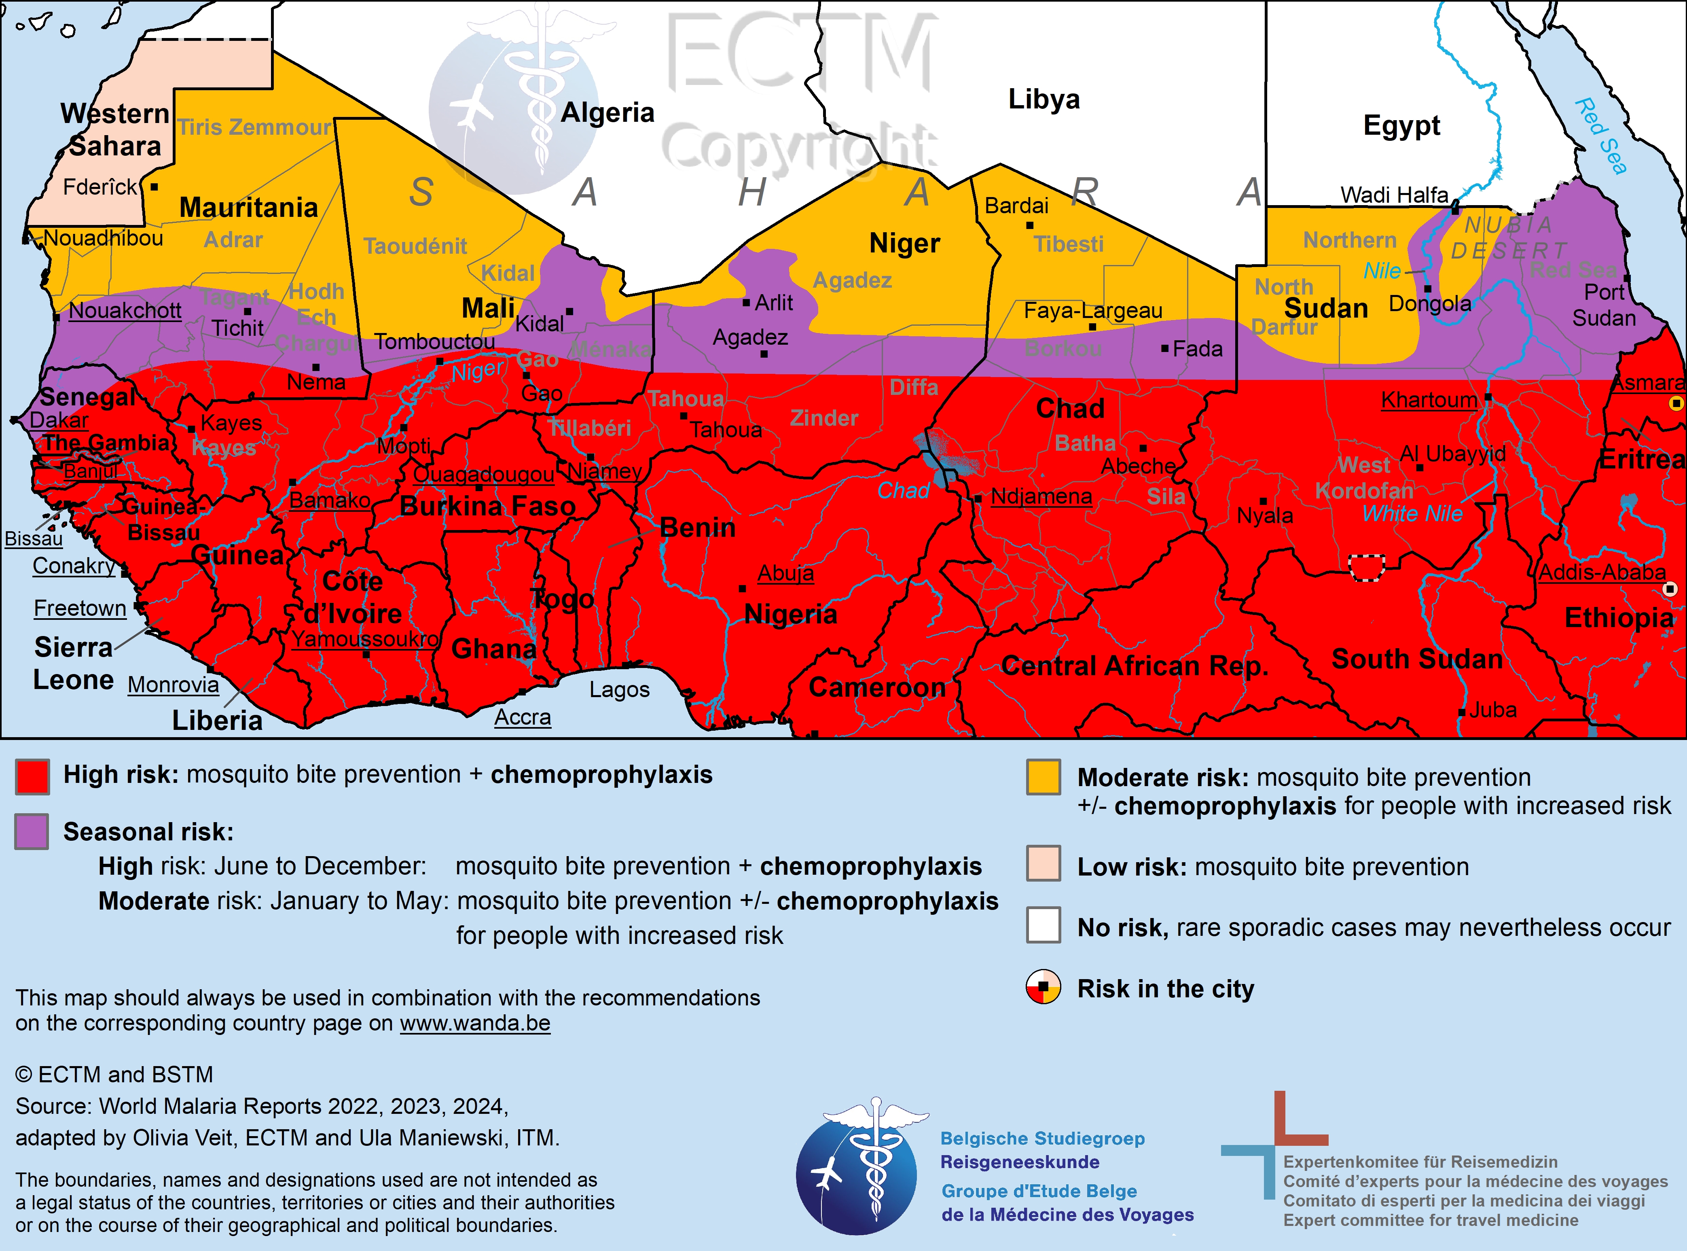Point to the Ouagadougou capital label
click(484, 475)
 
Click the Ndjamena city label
click(1041, 497)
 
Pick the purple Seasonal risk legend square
click(32, 831)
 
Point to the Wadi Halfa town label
click(1394, 195)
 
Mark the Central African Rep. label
click(1134, 666)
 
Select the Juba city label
click(1492, 710)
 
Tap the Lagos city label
click(619, 690)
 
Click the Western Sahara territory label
click(115, 129)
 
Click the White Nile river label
click(1412, 513)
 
